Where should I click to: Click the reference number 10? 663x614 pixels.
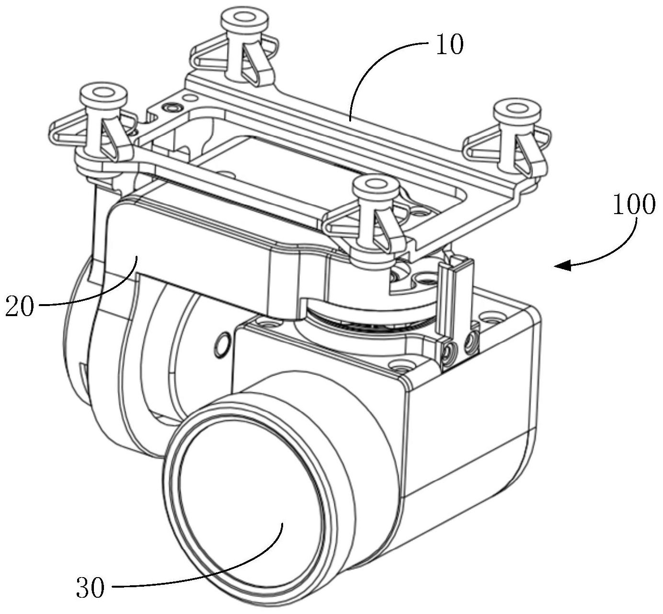(x=449, y=45)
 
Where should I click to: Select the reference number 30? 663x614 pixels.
(x=90, y=587)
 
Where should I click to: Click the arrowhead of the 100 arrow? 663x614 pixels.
(x=560, y=265)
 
